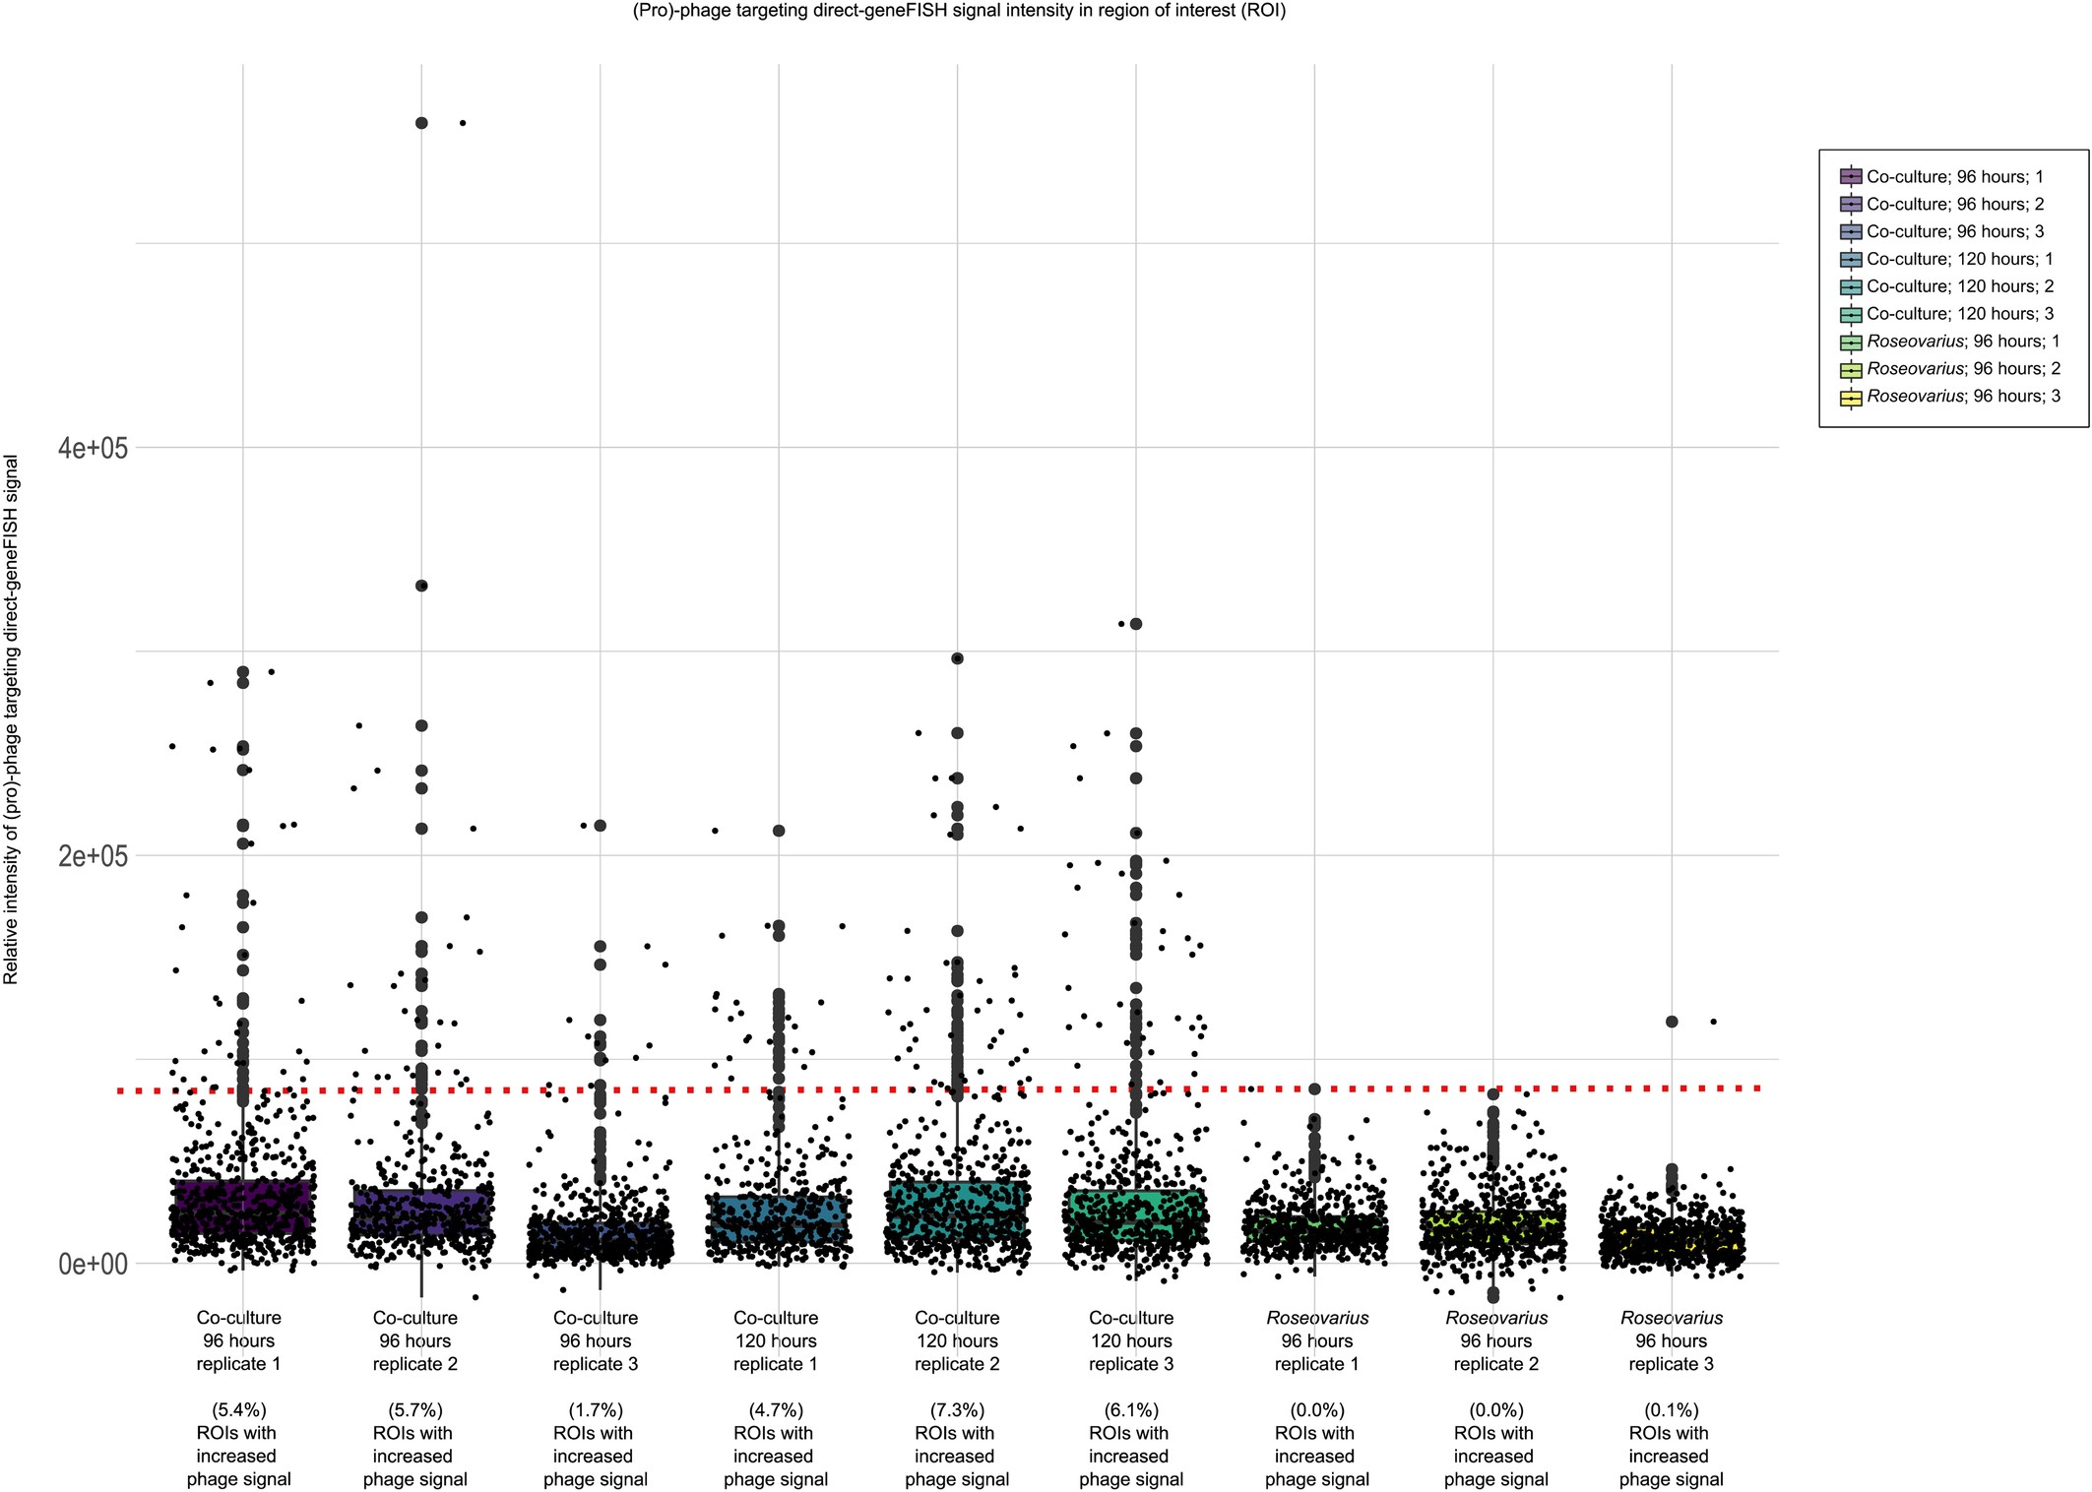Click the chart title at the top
958,11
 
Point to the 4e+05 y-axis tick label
93,449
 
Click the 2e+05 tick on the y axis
93,856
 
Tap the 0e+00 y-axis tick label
93,1264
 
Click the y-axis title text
12,718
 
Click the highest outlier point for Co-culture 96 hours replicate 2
421,123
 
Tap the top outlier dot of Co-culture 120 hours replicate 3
1136,624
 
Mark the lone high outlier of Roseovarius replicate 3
1672,1022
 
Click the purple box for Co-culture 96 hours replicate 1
242,1207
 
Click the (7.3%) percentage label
957,1410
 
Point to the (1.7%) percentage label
596,1410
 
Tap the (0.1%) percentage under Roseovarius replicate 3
1672,1410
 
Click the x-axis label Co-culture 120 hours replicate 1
776,1340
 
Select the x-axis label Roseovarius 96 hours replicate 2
1495,1340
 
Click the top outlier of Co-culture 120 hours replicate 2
957,658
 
